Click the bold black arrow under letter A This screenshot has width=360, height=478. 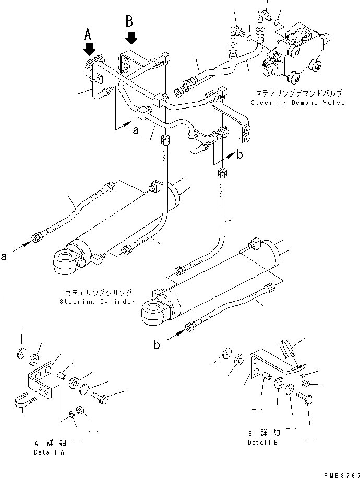tap(89, 49)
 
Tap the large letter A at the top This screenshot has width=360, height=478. tap(89, 34)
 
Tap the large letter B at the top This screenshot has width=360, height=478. tap(130, 21)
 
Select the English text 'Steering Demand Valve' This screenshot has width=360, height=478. tap(297, 103)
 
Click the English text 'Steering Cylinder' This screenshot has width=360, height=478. tap(97, 302)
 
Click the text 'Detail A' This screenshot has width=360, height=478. tap(49, 452)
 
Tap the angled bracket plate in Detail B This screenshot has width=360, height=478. tap(261, 371)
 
